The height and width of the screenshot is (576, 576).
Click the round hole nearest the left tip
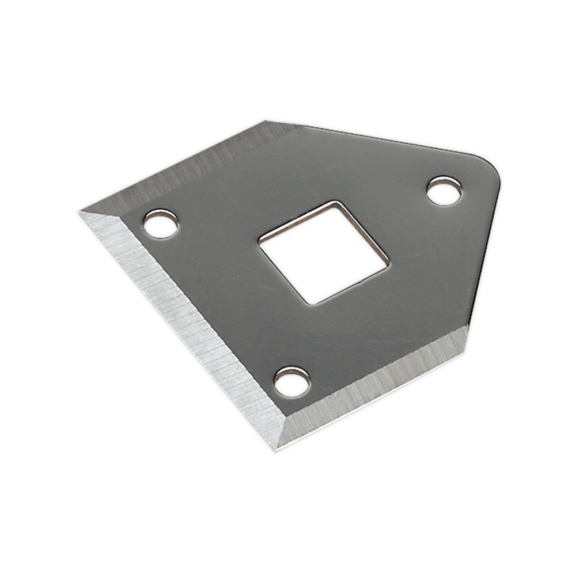(160, 224)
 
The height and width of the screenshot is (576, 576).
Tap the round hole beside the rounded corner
(444, 191)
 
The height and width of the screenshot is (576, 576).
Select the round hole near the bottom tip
(291, 382)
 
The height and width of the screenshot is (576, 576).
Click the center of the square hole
(323, 253)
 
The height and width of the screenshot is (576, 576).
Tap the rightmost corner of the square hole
(389, 266)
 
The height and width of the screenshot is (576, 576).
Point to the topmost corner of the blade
(266, 121)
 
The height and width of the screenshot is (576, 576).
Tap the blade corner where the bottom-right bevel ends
(467, 327)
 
